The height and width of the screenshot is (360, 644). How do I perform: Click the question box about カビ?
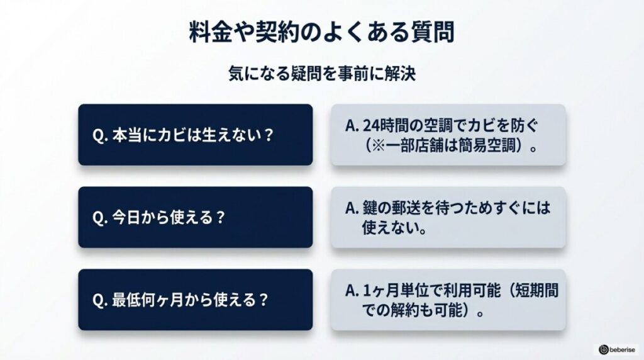click(x=195, y=135)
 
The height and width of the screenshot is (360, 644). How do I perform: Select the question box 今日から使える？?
click(x=195, y=217)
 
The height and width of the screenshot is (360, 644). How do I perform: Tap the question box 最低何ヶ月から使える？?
click(x=195, y=300)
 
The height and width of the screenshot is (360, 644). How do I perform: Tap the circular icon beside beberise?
click(x=603, y=349)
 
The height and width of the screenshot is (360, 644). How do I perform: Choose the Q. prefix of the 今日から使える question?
click(x=101, y=218)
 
